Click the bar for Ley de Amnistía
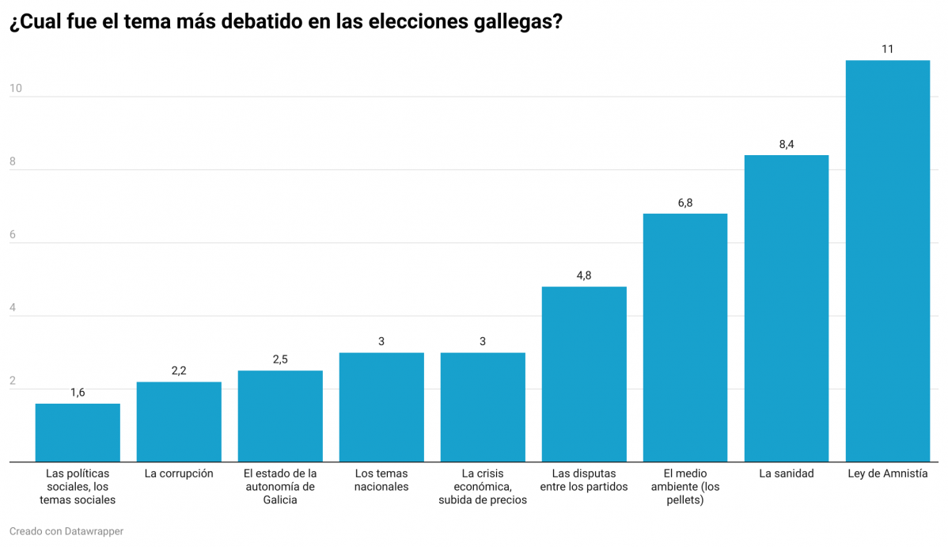(x=887, y=261)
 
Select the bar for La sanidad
(x=786, y=309)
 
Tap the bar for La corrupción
(x=179, y=422)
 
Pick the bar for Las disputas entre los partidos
(x=584, y=374)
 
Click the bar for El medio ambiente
(x=684, y=338)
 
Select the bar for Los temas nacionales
(x=381, y=408)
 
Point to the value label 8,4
(x=786, y=144)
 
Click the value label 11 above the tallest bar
(x=887, y=49)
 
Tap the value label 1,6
(x=78, y=393)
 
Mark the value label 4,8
(x=584, y=275)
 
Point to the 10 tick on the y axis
(x=15, y=89)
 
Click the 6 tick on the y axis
(x=13, y=235)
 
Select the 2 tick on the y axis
(x=13, y=381)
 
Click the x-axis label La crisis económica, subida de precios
(x=483, y=487)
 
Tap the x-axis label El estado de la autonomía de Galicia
(x=280, y=487)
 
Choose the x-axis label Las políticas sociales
(x=78, y=487)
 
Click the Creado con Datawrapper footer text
(x=66, y=531)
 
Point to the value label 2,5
(x=280, y=359)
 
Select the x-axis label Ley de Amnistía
(x=887, y=474)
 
